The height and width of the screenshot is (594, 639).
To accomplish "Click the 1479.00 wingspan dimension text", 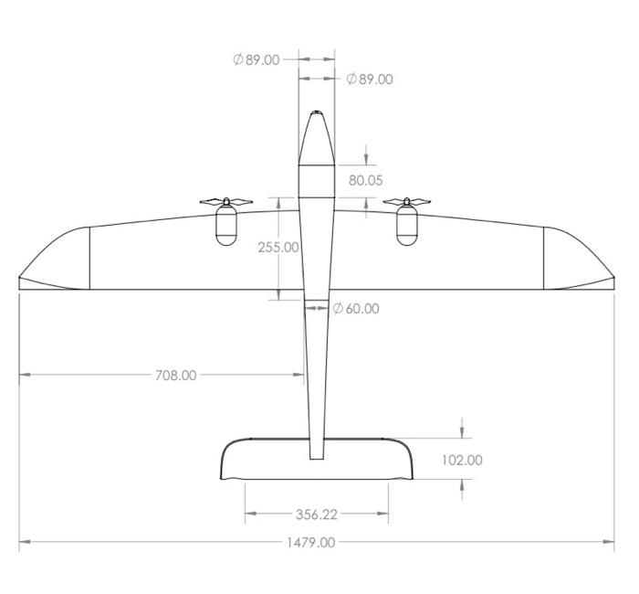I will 312,542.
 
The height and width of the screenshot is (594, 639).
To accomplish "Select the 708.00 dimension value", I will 176,375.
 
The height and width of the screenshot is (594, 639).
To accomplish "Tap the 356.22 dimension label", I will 316,514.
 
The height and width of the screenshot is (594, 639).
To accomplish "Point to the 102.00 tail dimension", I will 462,460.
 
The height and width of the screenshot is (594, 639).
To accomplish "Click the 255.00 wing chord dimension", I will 278,247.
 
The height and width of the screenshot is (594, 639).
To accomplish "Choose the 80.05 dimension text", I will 365,180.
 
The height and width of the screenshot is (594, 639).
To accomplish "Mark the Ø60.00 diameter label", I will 355,309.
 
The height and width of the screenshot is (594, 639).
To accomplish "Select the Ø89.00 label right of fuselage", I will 370,80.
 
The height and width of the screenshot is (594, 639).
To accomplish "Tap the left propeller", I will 225,201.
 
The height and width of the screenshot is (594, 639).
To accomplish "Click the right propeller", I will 406,201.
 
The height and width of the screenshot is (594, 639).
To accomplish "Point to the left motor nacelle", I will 225,227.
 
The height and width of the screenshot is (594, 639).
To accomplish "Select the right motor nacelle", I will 406,227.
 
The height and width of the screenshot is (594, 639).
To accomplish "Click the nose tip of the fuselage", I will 317,113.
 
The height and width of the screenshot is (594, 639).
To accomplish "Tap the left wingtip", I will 21,280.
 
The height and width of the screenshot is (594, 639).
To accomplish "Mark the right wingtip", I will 613,280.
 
